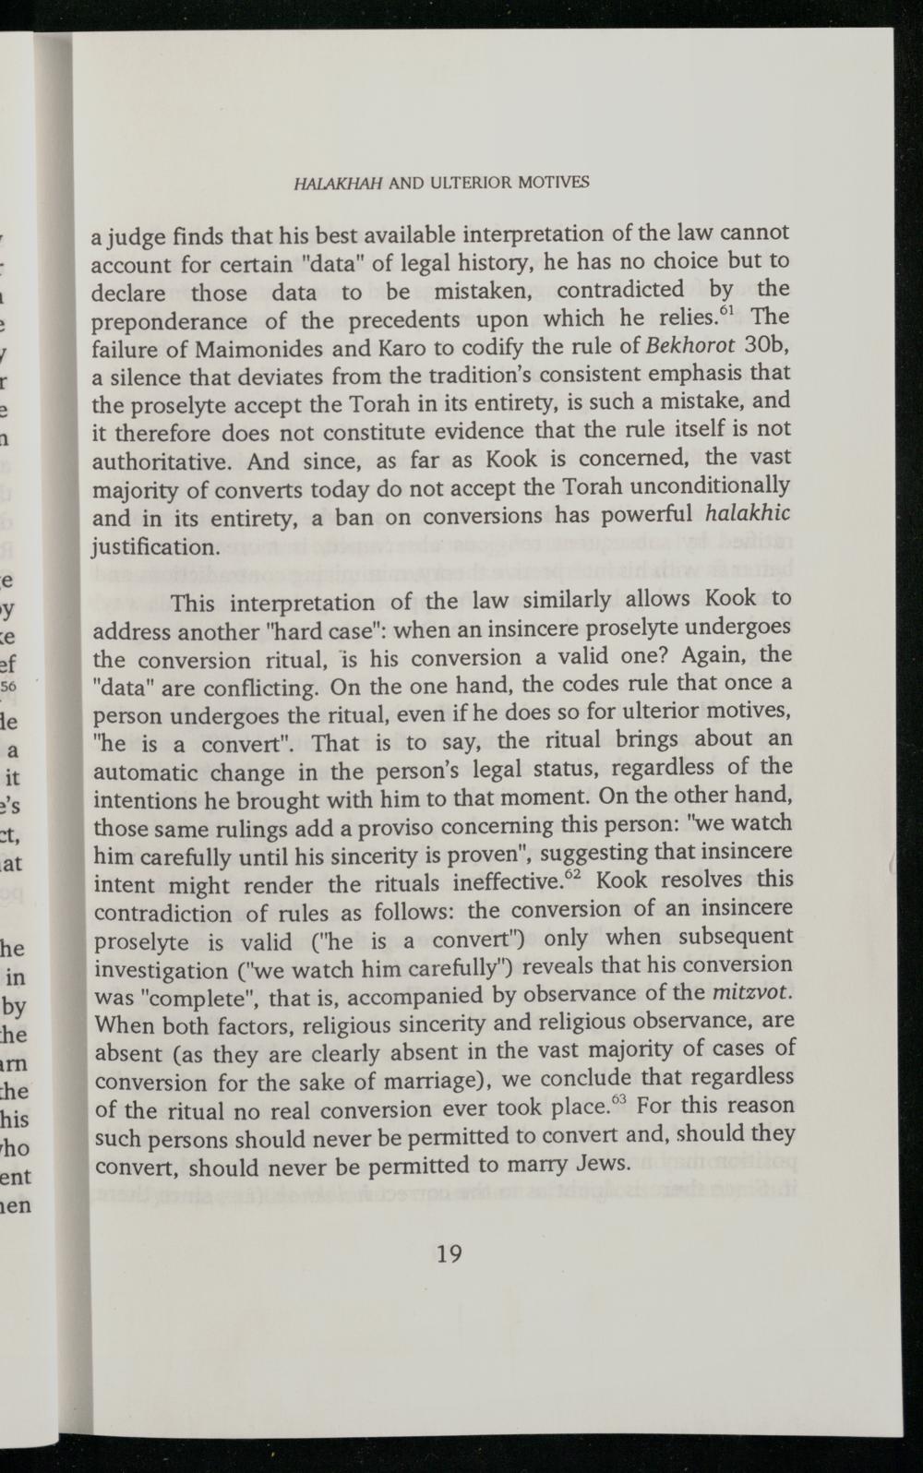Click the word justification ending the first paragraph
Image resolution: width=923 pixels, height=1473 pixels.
[x=155, y=546]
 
